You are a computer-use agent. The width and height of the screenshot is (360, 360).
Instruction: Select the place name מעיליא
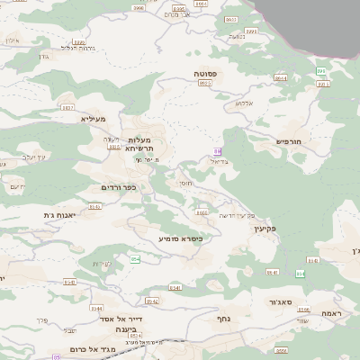tap(94, 119)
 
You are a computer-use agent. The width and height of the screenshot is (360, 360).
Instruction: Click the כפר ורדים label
tap(118, 187)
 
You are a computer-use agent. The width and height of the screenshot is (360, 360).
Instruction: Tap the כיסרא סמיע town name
tap(180, 238)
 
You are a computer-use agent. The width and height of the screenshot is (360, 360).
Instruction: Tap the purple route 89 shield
tap(217, 150)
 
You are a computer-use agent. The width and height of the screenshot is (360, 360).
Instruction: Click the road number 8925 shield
tap(204, 83)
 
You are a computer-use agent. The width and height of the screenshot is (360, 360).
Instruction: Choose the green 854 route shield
tap(135, 259)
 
